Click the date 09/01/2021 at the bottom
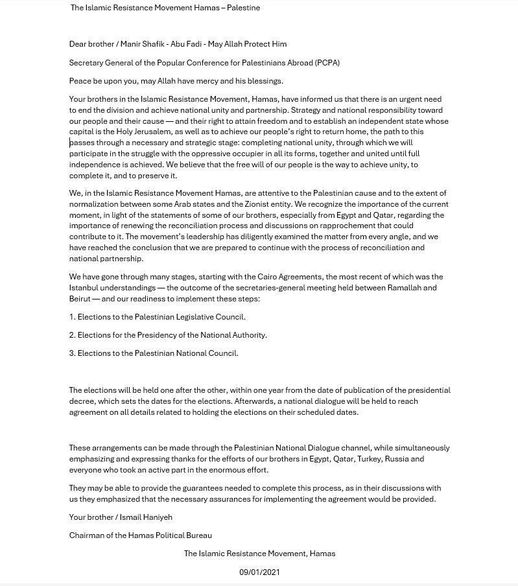pos(259,572)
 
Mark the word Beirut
pos(80,299)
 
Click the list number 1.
pos(72,317)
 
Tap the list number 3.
pos(72,353)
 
